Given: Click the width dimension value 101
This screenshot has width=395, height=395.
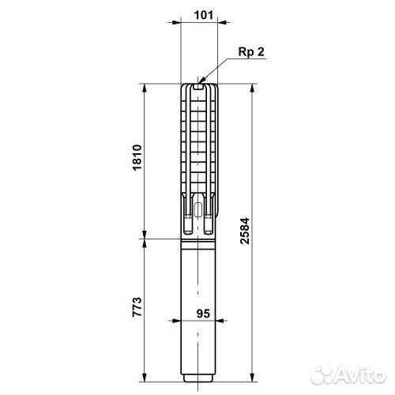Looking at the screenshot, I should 204,14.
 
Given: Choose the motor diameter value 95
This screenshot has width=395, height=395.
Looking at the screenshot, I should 204,312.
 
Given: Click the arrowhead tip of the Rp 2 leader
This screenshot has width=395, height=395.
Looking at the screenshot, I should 201,81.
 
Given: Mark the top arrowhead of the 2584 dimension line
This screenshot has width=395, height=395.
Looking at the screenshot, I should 250,85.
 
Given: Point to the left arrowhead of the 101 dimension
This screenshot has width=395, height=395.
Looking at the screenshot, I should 184,24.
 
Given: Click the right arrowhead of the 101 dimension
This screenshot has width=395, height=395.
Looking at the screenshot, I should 222,24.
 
